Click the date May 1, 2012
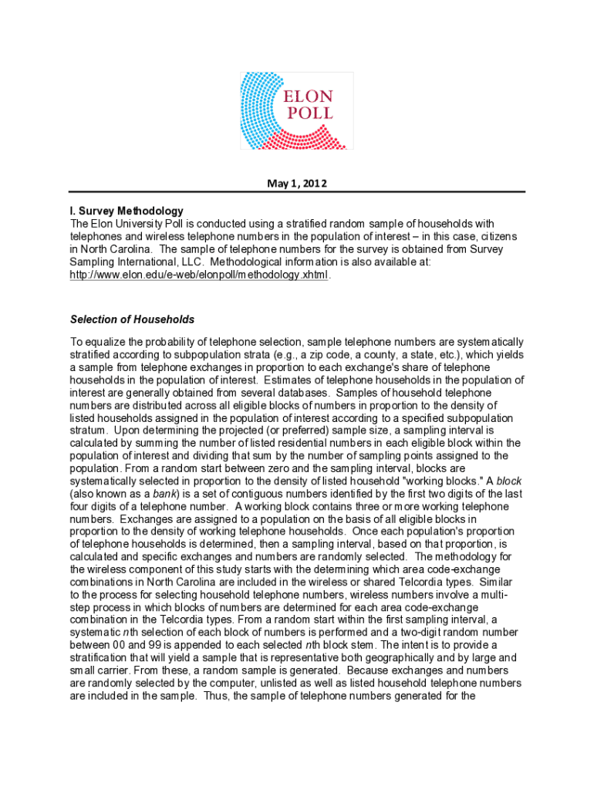tap(297, 184)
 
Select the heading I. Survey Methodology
tap(127, 211)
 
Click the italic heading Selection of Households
tap(132, 319)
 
